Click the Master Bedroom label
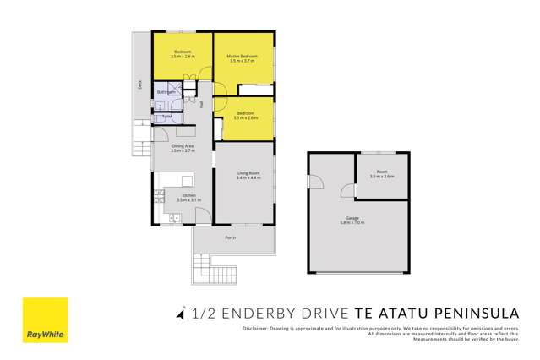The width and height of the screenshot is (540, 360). [x=243, y=56]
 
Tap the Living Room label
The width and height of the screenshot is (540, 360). [x=248, y=173]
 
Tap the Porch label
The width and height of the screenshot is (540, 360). [x=230, y=237]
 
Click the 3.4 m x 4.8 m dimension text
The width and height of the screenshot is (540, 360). [x=248, y=178]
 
